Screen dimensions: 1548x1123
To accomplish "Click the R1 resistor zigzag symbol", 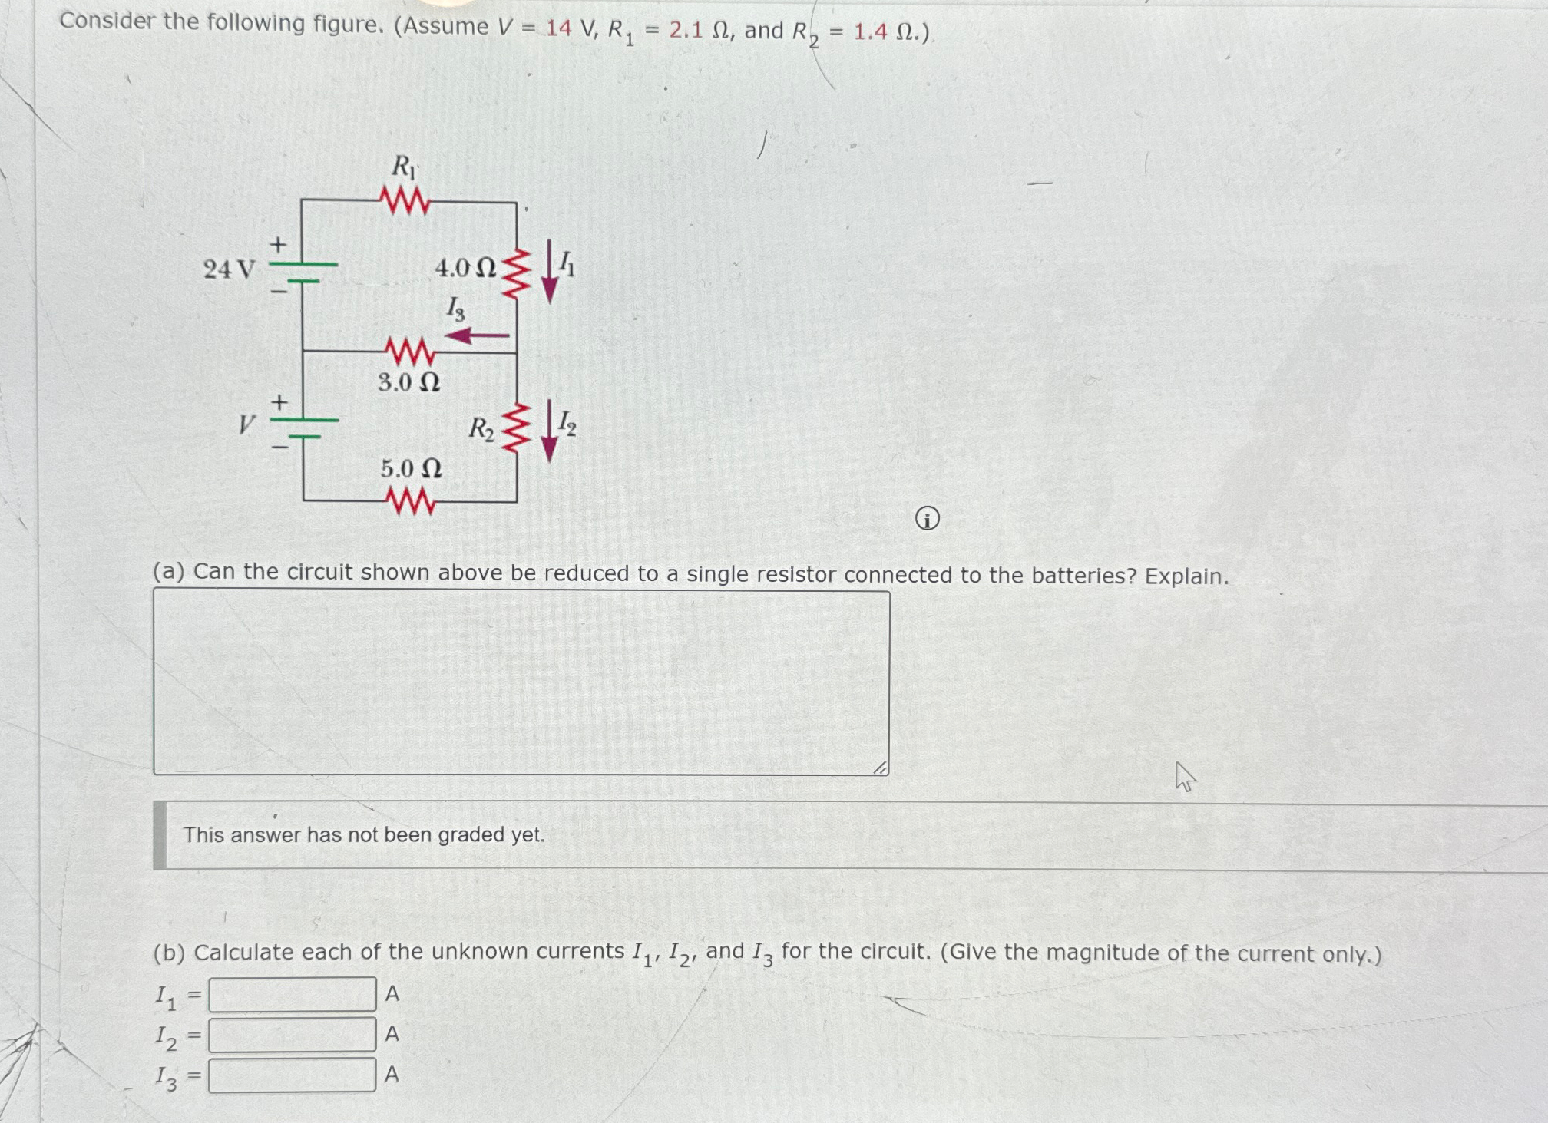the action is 404,202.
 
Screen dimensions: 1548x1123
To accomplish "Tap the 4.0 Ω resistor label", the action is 465,268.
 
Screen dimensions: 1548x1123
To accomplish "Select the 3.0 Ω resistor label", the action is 408,381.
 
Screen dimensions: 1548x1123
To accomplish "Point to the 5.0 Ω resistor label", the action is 411,468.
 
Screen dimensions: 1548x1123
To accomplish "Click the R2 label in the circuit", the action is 481,429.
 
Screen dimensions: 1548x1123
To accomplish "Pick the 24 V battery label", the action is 228,269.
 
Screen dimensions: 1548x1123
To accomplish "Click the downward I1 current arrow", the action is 550,272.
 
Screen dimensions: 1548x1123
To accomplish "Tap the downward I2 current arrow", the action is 549,431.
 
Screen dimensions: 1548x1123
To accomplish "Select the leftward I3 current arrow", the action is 477,335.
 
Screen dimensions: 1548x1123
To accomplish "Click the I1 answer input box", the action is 292,994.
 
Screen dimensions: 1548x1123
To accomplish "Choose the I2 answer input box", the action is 292,1035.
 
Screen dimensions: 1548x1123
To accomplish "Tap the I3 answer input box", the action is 292,1075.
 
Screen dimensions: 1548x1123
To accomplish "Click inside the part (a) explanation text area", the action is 521,682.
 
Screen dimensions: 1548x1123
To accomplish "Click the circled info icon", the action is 927,520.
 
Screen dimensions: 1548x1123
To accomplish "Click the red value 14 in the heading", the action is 558,28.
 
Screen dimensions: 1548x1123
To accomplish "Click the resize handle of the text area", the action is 880,767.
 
